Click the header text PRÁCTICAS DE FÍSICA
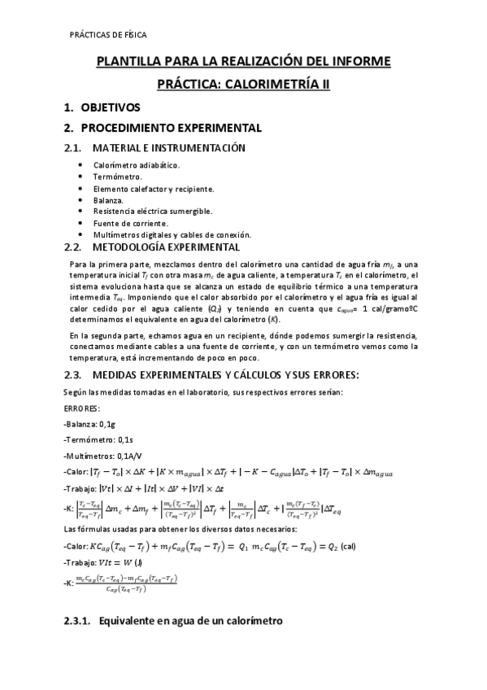point(108,35)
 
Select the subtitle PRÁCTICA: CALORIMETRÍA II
point(243,84)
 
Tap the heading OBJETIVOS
point(110,107)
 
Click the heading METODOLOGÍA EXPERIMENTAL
point(166,247)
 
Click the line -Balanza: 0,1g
point(91,425)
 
